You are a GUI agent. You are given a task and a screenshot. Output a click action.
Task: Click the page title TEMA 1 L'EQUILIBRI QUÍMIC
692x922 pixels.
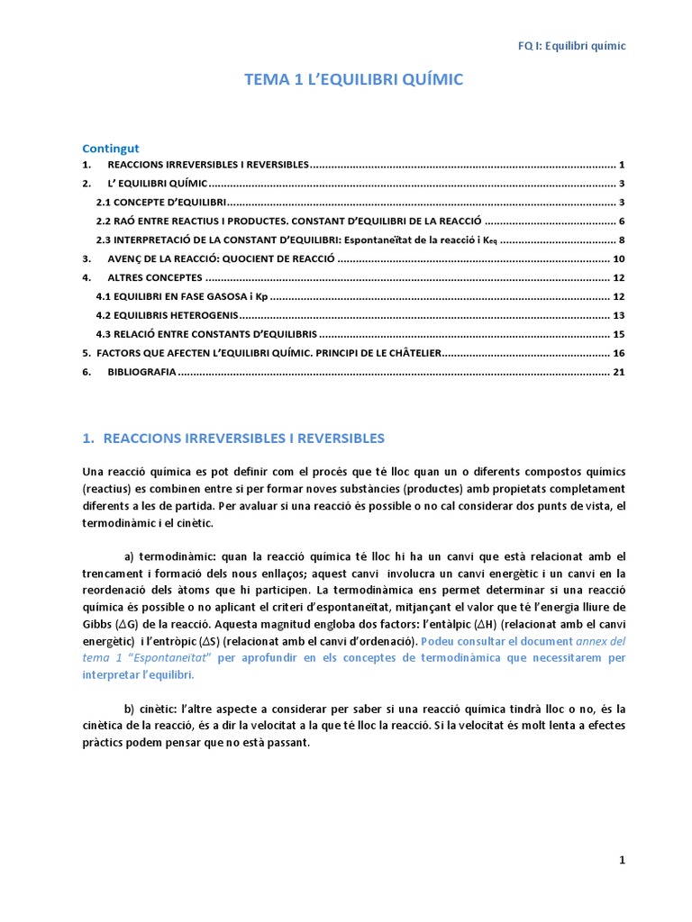point(354,80)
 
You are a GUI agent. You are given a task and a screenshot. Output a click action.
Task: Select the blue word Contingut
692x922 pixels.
point(111,148)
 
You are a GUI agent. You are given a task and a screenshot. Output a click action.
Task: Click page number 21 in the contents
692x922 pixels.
point(618,372)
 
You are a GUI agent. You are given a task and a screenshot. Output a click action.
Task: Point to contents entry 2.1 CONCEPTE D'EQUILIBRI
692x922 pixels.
point(161,203)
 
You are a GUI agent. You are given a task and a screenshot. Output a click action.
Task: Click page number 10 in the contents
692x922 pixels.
point(618,258)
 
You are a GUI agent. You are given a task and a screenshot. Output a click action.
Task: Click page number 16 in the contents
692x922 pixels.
point(618,353)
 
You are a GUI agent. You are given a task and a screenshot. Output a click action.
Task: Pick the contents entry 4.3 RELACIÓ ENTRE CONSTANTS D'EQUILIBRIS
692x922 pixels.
point(206,334)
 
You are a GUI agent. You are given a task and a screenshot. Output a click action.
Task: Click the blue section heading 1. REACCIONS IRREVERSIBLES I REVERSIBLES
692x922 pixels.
point(233,438)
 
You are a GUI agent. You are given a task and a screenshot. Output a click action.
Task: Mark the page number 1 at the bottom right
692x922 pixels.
point(622,860)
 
